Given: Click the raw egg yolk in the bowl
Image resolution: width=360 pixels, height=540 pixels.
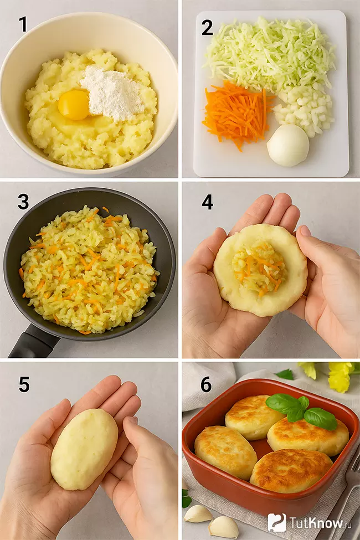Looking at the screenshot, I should click(74, 105).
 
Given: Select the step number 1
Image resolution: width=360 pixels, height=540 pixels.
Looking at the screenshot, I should click(23, 24).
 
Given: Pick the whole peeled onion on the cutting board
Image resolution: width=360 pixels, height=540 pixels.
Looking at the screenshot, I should click(287, 145).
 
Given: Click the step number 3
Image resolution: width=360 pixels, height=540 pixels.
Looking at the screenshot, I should click(23, 202).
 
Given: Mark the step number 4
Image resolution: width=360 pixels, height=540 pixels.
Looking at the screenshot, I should click(207, 202).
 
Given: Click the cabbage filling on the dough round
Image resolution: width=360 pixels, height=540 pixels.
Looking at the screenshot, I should click(259, 268).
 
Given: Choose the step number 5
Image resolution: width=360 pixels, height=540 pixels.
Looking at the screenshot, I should click(23, 384).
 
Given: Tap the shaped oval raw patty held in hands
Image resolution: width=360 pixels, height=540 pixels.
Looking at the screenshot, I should click(84, 449).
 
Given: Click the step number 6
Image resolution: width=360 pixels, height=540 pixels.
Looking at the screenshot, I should click(206, 384).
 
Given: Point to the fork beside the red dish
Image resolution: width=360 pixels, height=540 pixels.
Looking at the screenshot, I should click(348, 487).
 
